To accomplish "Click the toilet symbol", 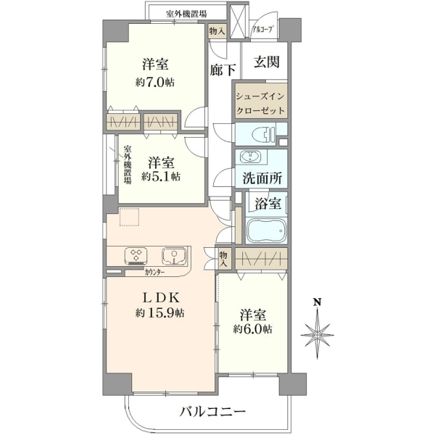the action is (x=264, y=135).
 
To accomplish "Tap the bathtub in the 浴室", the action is (x=266, y=231).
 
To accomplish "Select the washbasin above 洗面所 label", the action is (x=251, y=157).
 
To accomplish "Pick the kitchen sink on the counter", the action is (x=174, y=256).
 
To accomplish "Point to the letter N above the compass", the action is (x=318, y=302).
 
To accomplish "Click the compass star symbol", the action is (x=318, y=335).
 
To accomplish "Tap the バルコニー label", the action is (x=212, y=411).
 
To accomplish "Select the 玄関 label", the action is (x=267, y=62).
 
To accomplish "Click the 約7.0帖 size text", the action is (x=155, y=83).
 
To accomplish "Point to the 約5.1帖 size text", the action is (x=161, y=176).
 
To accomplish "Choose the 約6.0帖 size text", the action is (x=253, y=329).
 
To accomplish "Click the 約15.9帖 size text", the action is (x=159, y=313).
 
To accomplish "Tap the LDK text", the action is (x=161, y=298).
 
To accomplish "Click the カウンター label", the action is (x=154, y=273).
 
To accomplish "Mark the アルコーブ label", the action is (x=262, y=30).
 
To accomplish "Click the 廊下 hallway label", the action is (x=223, y=70).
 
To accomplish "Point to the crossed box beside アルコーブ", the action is (x=237, y=22).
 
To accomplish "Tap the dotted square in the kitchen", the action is (x=129, y=217).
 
